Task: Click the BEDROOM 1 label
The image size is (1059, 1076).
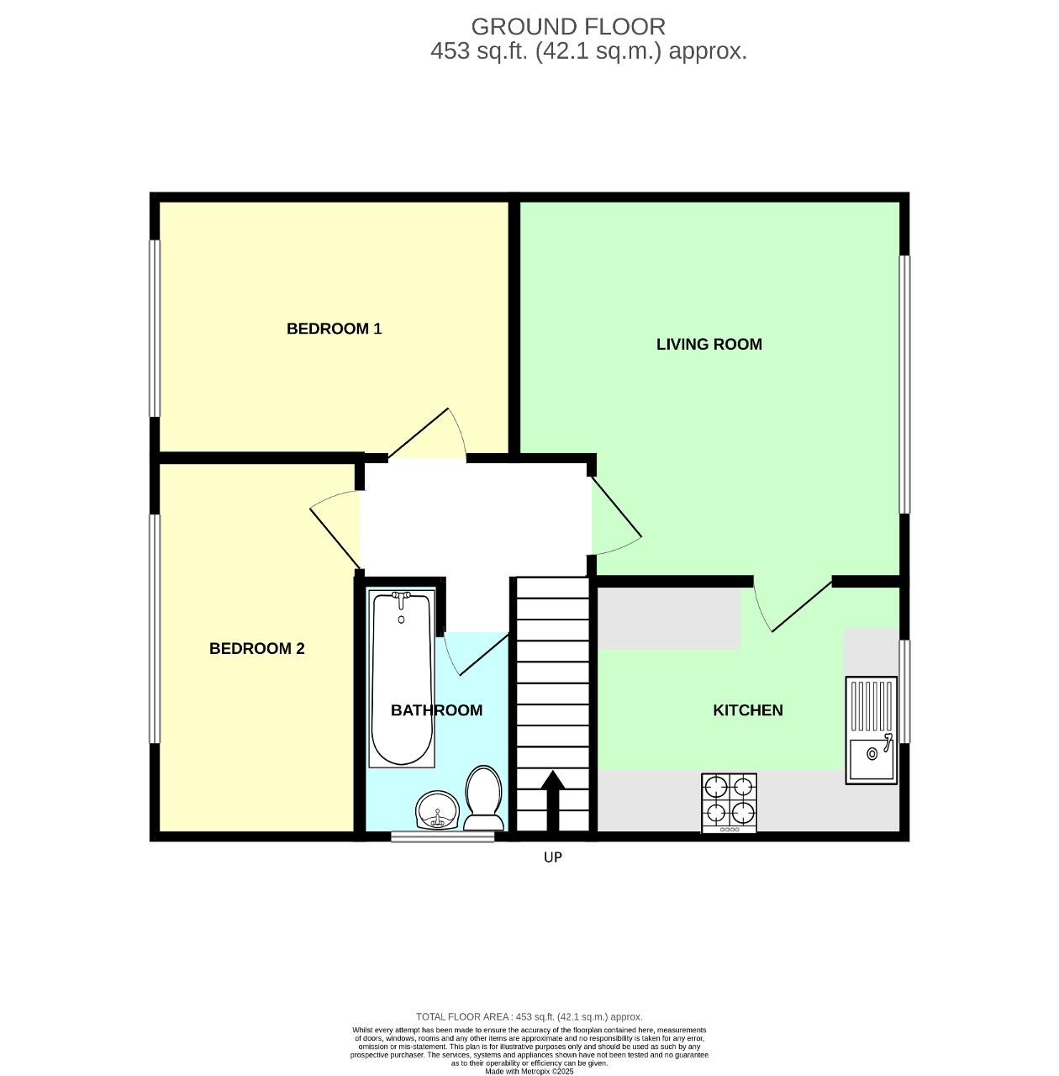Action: pos(334,329)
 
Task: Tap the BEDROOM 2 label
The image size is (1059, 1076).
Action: pos(256,648)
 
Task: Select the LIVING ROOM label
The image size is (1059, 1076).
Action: pos(709,344)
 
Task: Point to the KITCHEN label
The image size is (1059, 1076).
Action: pos(747,710)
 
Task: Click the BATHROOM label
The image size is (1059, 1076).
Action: pos(436,710)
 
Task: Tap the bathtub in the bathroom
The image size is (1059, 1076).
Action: pos(402,679)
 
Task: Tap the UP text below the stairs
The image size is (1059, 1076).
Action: pos(552,857)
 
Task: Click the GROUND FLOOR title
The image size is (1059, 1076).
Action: pos(567,27)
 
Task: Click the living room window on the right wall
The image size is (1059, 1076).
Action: pos(904,384)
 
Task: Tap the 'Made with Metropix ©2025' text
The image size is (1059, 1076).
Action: pos(529,1071)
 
